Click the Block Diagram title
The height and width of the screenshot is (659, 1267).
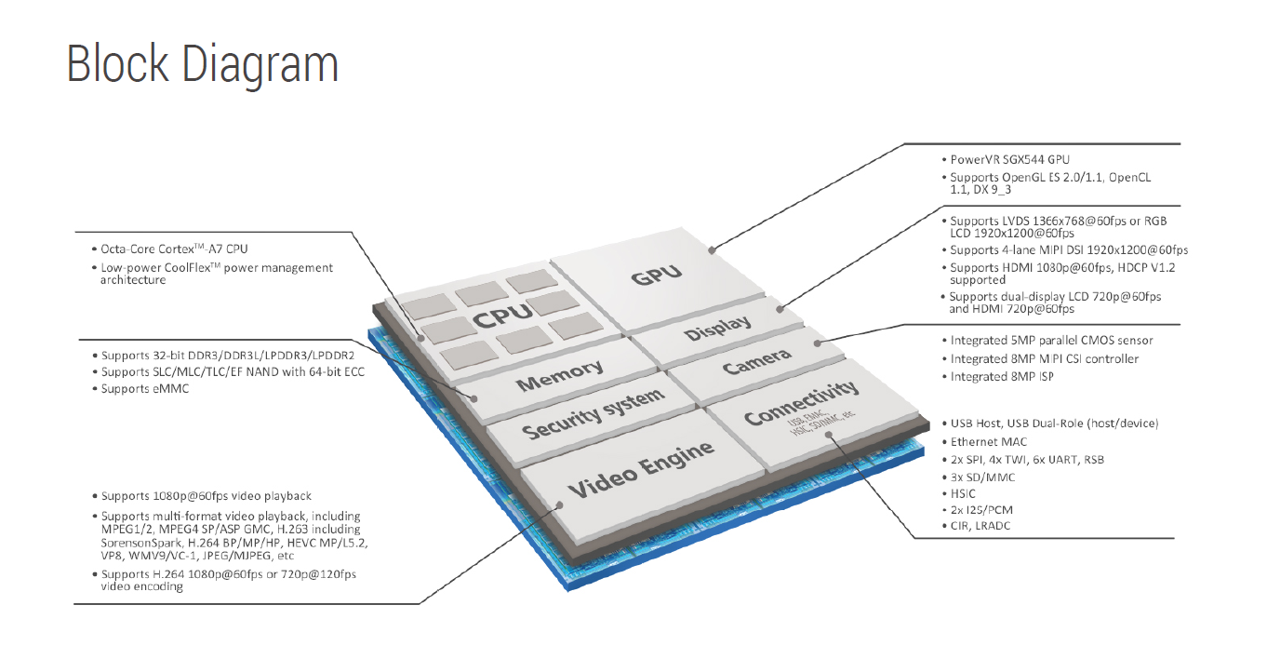[202, 63]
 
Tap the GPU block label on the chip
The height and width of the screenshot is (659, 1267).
[657, 274]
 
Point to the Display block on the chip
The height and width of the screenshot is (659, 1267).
[717, 329]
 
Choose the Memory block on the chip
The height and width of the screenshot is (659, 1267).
[559, 376]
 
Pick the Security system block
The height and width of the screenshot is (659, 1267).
[593, 415]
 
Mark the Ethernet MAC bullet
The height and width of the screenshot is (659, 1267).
[989, 441]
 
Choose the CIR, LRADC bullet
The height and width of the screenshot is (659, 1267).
[980, 526]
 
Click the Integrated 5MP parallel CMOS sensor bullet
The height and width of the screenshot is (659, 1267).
[1051, 341]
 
